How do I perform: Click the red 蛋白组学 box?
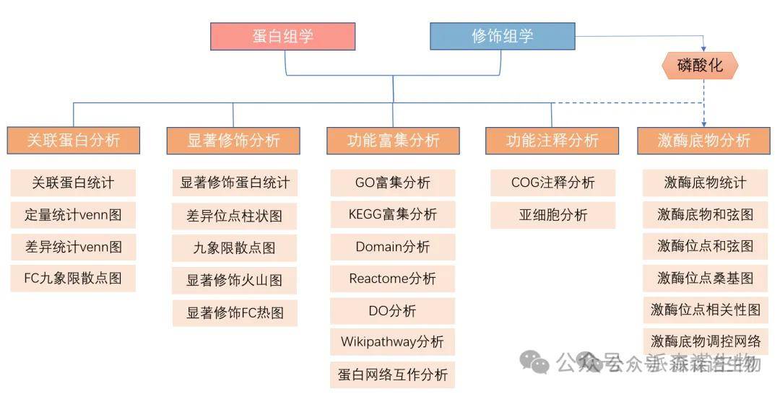(282, 36)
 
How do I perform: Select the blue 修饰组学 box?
(502, 36)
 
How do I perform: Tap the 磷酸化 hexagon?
(700, 66)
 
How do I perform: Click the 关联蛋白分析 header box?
(74, 140)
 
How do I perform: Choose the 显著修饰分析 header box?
(233, 140)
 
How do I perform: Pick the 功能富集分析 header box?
(393, 140)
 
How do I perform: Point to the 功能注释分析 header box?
(552, 140)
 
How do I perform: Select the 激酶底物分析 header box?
(704, 140)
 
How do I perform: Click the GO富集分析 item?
(393, 183)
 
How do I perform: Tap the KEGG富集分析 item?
(393, 214)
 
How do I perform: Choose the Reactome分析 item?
(393, 279)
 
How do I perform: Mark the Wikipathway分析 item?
(393, 342)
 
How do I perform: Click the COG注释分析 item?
(552, 183)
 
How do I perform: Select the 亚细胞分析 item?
(552, 214)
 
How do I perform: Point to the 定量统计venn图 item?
(73, 214)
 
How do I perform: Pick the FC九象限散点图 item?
(73, 278)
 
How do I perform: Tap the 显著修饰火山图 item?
(234, 280)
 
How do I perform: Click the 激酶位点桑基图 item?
(705, 278)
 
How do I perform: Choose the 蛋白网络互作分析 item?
(393, 375)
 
